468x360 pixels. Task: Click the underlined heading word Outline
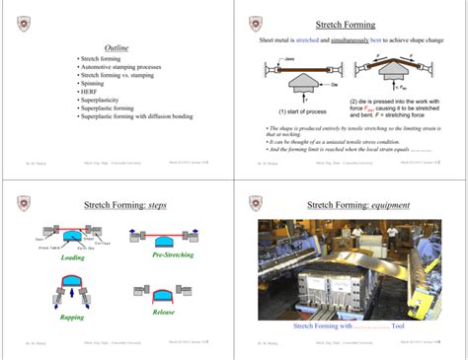117,47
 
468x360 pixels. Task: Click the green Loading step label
73,257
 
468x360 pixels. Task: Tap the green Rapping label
72,318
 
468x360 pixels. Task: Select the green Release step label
164,312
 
